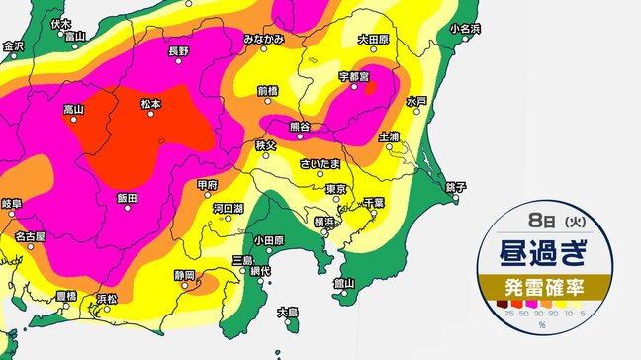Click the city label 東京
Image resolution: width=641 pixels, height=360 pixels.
[333, 188]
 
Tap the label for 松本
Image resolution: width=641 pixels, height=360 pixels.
[150, 102]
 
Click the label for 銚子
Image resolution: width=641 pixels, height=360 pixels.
[455, 185]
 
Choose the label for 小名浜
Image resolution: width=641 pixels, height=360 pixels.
[465, 28]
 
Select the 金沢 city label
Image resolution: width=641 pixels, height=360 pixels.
[13, 45]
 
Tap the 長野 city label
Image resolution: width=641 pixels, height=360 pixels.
[178, 50]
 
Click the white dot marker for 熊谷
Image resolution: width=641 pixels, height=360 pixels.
[299, 117]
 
